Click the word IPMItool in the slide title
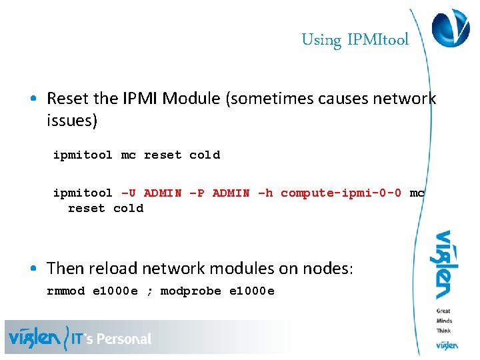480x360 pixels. click(x=379, y=40)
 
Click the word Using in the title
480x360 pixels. click(x=321, y=40)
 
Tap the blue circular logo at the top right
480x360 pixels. click(x=451, y=28)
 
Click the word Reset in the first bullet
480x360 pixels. click(x=68, y=99)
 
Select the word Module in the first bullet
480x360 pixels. click(x=193, y=99)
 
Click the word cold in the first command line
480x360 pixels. click(x=205, y=155)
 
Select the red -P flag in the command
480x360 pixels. click(x=197, y=193)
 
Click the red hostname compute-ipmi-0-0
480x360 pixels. click(x=341, y=193)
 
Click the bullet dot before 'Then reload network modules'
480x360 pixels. click(x=33, y=269)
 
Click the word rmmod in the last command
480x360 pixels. click(x=66, y=291)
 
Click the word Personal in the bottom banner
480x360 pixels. click(x=124, y=339)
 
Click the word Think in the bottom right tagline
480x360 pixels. click(x=444, y=330)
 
